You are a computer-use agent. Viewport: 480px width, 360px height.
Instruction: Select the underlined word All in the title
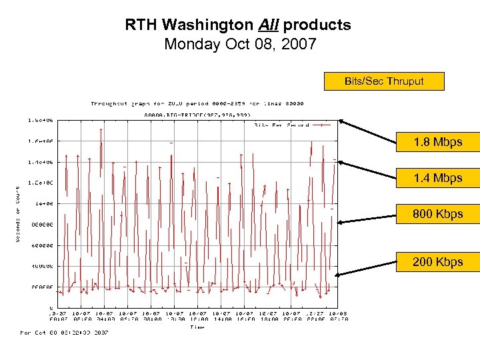[x=271, y=25]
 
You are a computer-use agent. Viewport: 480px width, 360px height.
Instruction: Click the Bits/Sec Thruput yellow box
[x=383, y=81]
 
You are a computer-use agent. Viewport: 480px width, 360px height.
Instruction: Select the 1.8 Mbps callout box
[x=437, y=142]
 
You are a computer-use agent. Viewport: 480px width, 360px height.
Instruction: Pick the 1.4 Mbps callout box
[x=437, y=178]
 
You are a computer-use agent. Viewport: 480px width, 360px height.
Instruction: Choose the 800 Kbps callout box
[x=437, y=214]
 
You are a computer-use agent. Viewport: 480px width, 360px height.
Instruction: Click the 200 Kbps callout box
[x=437, y=261]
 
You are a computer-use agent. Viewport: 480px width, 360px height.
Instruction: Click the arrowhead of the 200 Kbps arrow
[x=338, y=274]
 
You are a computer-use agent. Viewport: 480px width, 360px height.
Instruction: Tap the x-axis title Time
[x=197, y=327]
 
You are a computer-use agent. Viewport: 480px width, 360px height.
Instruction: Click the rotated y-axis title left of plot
[x=17, y=213]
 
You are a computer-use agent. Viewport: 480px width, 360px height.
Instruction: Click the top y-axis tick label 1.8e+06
[x=41, y=120]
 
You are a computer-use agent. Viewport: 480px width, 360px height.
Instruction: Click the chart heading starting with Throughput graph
[x=197, y=103]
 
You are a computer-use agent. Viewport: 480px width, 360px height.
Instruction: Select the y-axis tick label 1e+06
[x=44, y=203]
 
